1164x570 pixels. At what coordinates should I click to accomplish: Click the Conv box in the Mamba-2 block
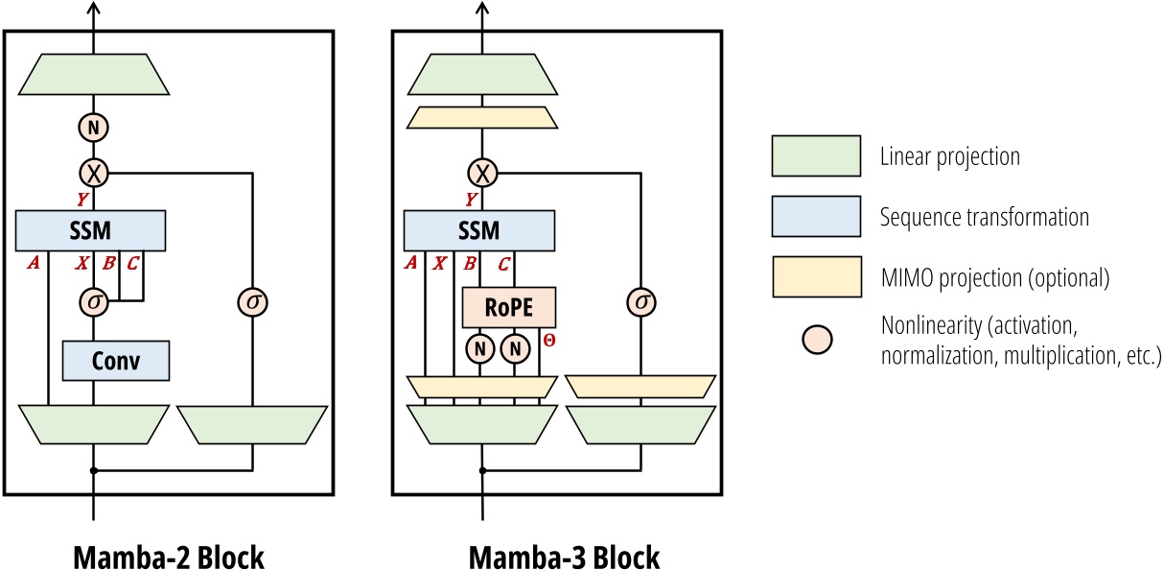(116, 361)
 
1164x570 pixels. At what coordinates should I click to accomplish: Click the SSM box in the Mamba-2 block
(92, 231)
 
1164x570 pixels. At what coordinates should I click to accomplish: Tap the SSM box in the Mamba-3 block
(479, 231)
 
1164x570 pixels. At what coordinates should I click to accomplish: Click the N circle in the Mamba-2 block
(93, 127)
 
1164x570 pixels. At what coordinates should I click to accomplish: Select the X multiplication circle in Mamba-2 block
(93, 173)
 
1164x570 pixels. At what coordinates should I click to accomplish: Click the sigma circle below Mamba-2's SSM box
(93, 302)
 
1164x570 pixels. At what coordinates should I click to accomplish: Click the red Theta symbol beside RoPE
(548, 340)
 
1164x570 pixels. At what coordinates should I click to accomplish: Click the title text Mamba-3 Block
(564, 557)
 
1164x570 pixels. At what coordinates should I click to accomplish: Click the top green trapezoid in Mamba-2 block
(93, 74)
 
